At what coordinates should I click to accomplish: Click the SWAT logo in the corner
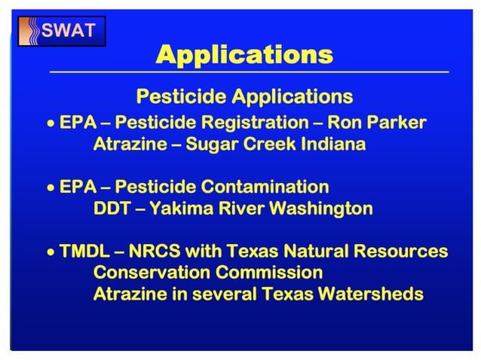click(x=61, y=31)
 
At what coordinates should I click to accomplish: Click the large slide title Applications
click(x=244, y=55)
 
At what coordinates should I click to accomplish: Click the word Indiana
click(x=333, y=143)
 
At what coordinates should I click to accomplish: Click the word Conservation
click(x=149, y=272)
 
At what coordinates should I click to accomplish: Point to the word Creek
click(x=268, y=143)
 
